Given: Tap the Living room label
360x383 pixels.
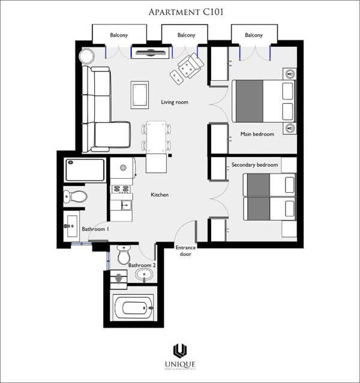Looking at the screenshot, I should pyautogui.click(x=175, y=102).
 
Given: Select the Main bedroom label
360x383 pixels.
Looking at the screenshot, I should pyautogui.click(x=257, y=134).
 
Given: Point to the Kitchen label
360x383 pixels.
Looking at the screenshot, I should pyautogui.click(x=160, y=195).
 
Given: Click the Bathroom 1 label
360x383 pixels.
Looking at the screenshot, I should pyautogui.click(x=95, y=229).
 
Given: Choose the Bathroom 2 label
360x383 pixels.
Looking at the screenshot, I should pyautogui.click(x=142, y=265).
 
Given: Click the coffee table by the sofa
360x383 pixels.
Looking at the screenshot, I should pyautogui.click(x=140, y=95).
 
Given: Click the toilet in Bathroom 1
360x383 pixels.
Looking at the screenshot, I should pyautogui.click(x=76, y=196).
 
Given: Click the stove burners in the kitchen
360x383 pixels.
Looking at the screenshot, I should pyautogui.click(x=121, y=189).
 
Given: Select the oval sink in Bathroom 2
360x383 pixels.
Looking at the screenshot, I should pyautogui.click(x=143, y=276).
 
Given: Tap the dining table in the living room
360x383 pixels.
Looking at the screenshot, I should pyautogui.click(x=156, y=137).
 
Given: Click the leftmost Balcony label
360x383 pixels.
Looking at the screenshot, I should pyautogui.click(x=119, y=35).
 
